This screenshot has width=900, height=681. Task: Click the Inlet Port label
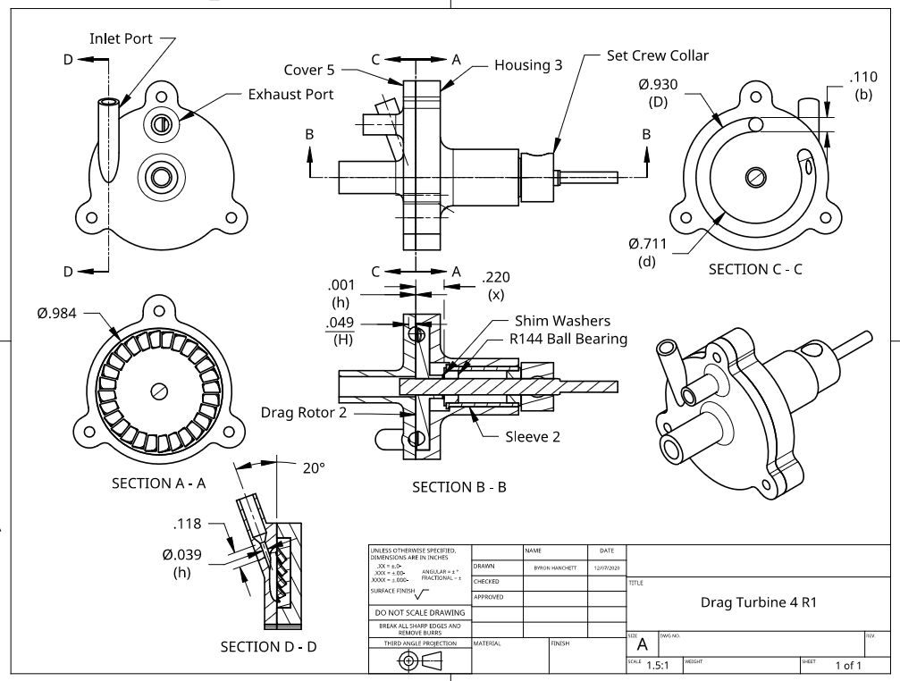coord(121,38)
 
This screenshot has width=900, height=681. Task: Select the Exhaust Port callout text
coord(290,94)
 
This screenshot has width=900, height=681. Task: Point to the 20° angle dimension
coord(314,467)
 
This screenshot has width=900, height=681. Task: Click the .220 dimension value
coord(496,277)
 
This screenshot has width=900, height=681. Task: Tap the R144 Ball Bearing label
coord(568,339)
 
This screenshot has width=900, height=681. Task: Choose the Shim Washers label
coord(562,320)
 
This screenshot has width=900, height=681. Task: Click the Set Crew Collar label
coord(657,55)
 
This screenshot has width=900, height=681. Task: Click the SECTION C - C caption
coord(755,268)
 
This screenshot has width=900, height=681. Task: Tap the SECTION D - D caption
coord(268,646)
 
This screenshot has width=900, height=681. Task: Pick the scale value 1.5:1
coord(659,665)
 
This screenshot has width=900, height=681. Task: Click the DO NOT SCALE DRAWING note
coord(420,612)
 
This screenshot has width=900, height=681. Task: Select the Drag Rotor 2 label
coord(304,412)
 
